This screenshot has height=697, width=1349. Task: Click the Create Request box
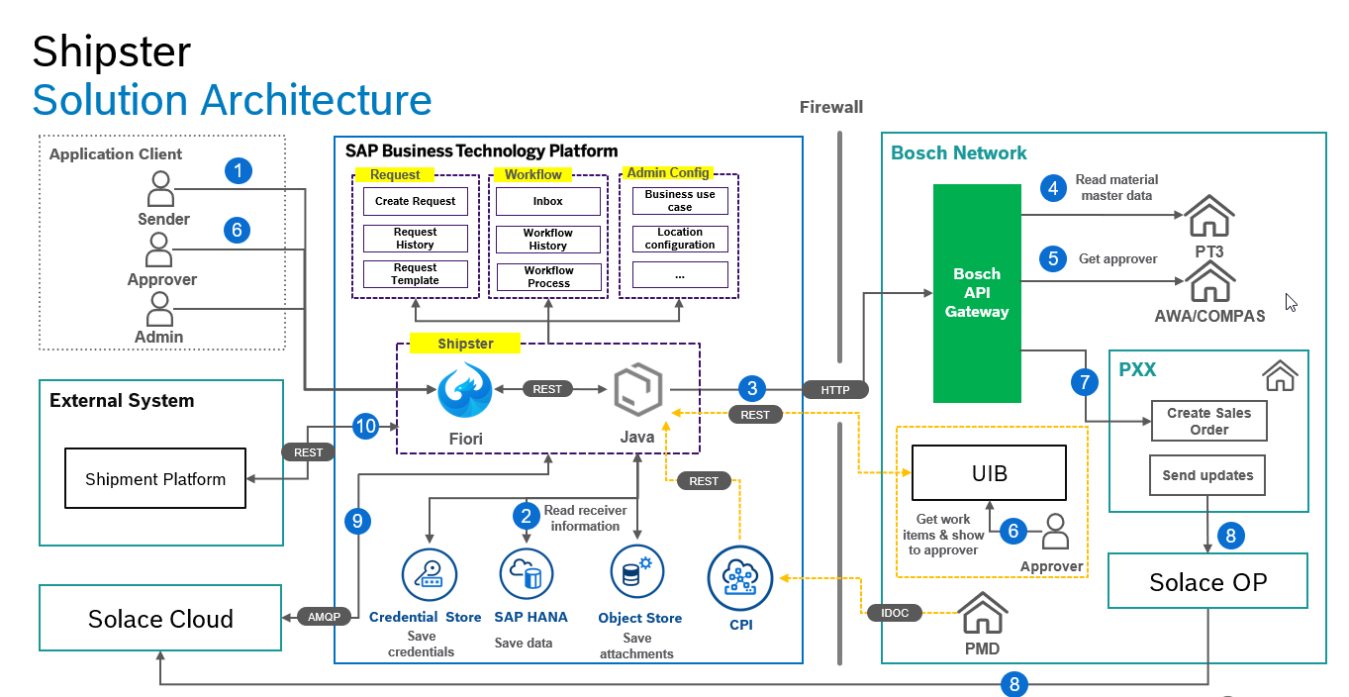click(x=415, y=201)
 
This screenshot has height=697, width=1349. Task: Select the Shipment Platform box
click(x=155, y=479)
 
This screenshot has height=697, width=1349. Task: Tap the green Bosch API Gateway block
click(x=977, y=293)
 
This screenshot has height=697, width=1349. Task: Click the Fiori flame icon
click(x=465, y=391)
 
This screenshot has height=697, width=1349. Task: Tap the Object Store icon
click(x=637, y=571)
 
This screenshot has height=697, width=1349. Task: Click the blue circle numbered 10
click(x=366, y=426)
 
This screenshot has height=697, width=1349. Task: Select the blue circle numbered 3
click(x=752, y=388)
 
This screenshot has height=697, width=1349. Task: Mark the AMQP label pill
click(x=324, y=617)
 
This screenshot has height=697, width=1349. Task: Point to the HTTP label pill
click(x=834, y=389)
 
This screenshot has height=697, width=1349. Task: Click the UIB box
click(x=989, y=473)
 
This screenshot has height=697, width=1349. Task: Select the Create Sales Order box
click(x=1208, y=421)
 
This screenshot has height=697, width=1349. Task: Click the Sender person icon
click(x=160, y=187)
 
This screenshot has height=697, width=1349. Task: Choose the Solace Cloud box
click(x=160, y=619)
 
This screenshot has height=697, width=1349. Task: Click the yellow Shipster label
click(x=465, y=344)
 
